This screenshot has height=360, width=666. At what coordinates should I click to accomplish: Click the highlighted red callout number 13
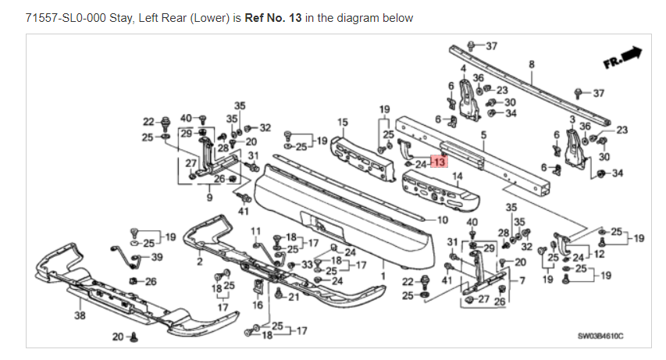coord(438,163)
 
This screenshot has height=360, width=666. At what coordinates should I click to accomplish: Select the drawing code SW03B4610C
coord(602,337)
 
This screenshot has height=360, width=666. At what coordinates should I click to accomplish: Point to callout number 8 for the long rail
coord(531,64)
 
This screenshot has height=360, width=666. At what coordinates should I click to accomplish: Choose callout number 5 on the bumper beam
coord(483,135)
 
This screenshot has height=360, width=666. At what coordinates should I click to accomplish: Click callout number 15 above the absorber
coord(342,122)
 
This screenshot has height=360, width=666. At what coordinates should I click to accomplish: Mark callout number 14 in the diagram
coord(457,176)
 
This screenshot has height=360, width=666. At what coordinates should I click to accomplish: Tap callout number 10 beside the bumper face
coord(443,219)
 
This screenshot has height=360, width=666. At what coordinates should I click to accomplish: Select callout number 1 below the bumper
coord(383,275)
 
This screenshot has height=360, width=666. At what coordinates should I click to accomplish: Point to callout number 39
coord(157,257)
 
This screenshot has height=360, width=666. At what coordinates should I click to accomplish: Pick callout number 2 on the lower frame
coord(200,261)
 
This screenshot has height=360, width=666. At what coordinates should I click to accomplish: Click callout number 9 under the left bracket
coord(209,198)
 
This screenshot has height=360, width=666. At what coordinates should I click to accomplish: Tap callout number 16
coord(258,305)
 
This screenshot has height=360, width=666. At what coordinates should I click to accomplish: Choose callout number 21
coord(294,298)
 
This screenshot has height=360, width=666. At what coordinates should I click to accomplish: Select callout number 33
coord(308,266)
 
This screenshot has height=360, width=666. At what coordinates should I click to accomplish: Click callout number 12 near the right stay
coord(599,254)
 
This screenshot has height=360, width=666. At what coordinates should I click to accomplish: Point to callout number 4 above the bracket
coord(463,70)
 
